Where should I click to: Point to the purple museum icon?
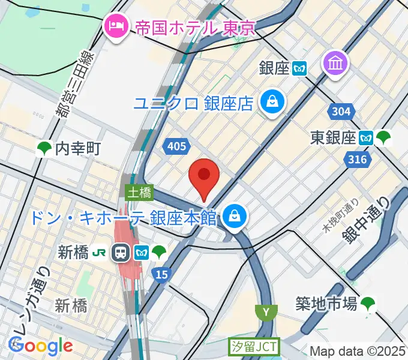335,63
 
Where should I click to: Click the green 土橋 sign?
139,193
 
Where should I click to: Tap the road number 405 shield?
178,145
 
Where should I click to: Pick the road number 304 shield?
341,111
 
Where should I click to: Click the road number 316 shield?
358,159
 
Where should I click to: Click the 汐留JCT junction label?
253,347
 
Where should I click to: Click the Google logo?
40,346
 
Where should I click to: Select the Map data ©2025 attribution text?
358,351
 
